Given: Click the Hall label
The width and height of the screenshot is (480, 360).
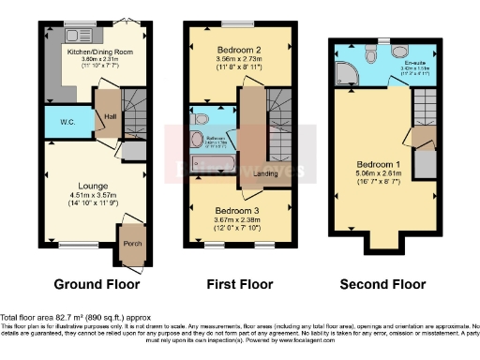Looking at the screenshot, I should click(109, 116).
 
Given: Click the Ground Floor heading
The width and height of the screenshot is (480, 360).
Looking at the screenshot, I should click(97, 284).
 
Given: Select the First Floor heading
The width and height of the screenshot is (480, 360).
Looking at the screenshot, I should click(240, 284).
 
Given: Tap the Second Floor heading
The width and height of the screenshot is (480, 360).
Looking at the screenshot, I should click(383, 284).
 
